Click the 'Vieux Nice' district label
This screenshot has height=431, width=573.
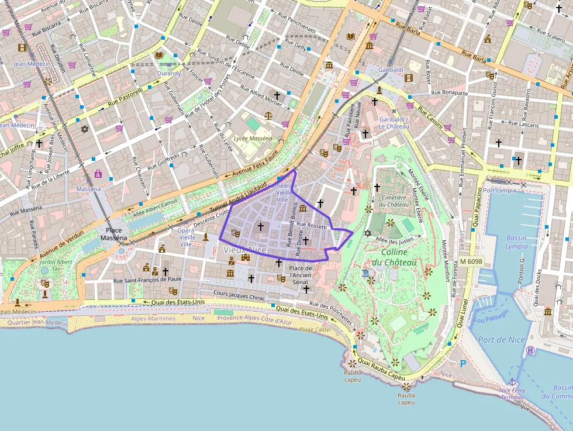[244, 250]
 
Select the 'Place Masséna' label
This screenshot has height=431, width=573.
[113, 234]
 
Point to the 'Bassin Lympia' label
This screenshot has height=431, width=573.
[517, 242]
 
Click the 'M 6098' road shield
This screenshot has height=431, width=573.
[471, 261]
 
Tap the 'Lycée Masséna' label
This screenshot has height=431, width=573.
[253, 139]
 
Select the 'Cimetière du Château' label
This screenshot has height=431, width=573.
[394, 201]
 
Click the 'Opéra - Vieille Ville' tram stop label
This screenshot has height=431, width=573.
[187, 237]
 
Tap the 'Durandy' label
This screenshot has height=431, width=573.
[169, 73]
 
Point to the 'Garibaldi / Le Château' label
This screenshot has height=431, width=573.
[393, 123]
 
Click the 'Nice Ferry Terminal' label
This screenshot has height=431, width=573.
[512, 394]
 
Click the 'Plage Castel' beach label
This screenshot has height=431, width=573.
[315, 330]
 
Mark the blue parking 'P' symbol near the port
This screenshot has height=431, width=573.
[463, 364]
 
